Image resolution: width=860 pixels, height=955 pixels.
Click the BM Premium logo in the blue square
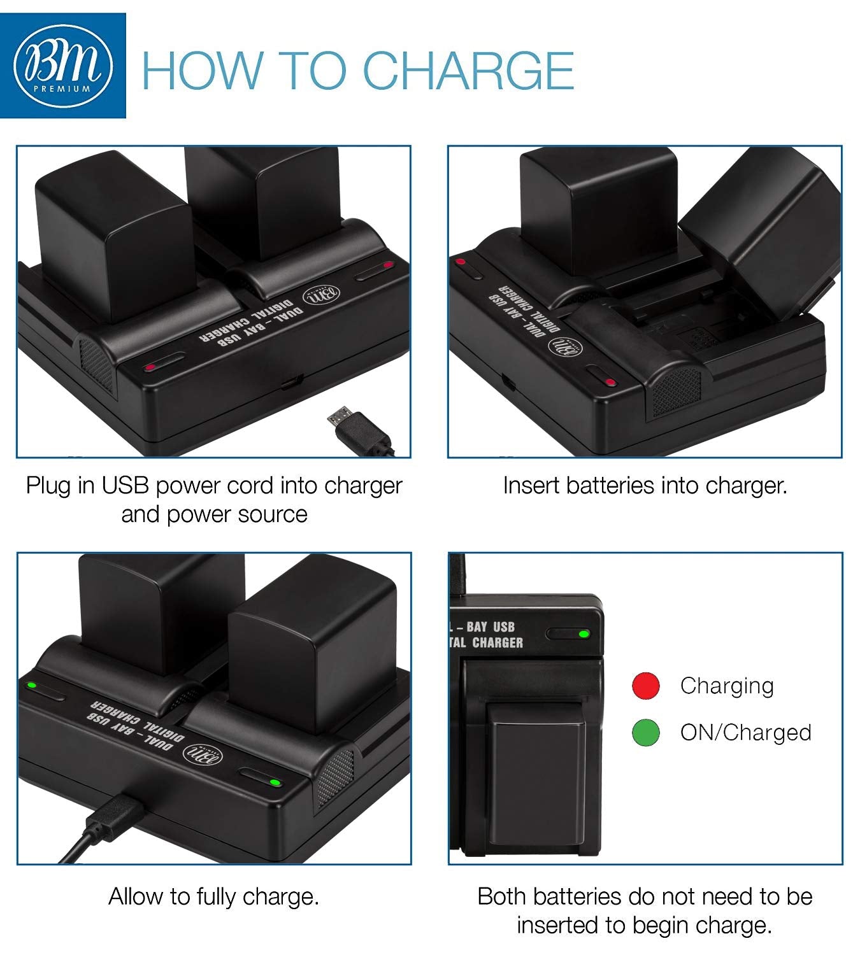point(62,66)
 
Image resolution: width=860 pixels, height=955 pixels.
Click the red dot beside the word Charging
point(645,686)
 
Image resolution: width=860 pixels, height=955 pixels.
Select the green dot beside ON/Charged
point(645,732)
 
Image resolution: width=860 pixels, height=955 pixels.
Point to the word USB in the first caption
point(125,486)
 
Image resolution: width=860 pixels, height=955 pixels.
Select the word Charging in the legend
point(727,686)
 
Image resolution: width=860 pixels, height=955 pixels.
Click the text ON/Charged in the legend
point(745,732)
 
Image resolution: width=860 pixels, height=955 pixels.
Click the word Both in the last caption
point(501,896)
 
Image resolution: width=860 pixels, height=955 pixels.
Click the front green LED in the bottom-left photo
point(274,782)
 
